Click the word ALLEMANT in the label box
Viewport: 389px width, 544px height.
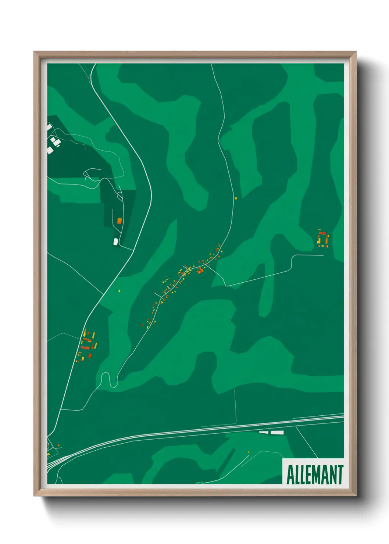(x=314, y=475)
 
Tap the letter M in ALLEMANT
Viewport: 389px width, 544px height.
(x=317, y=475)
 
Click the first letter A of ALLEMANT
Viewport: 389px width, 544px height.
(x=289, y=475)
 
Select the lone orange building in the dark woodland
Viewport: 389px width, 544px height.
(x=119, y=221)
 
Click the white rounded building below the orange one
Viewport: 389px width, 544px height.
(x=115, y=241)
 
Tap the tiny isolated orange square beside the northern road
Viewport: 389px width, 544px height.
(x=236, y=198)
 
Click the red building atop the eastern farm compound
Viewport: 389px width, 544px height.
(x=322, y=233)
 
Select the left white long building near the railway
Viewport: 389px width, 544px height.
(x=264, y=432)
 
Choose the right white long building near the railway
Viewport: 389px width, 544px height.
(x=277, y=432)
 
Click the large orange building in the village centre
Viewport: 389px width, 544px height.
(x=200, y=271)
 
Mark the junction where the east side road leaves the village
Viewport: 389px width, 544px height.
(x=206, y=265)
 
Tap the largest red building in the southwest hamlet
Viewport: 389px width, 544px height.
(x=85, y=347)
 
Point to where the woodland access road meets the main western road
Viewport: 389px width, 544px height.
(x=133, y=250)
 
